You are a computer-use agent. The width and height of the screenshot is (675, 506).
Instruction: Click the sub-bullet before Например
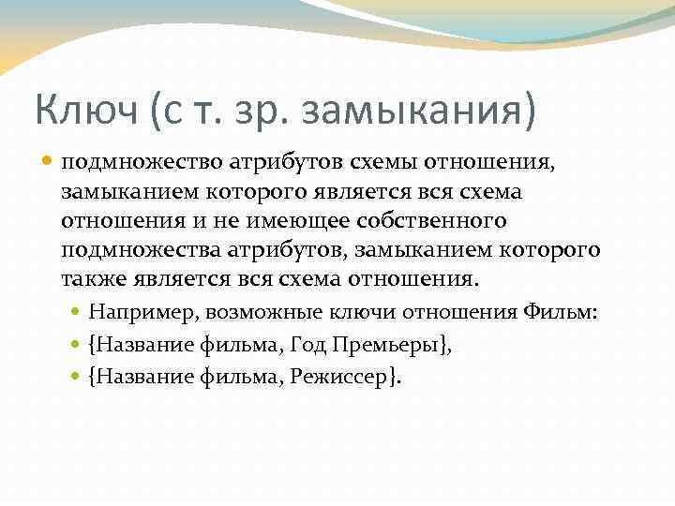point(77,313)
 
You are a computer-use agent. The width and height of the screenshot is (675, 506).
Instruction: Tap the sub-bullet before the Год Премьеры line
point(77,346)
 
